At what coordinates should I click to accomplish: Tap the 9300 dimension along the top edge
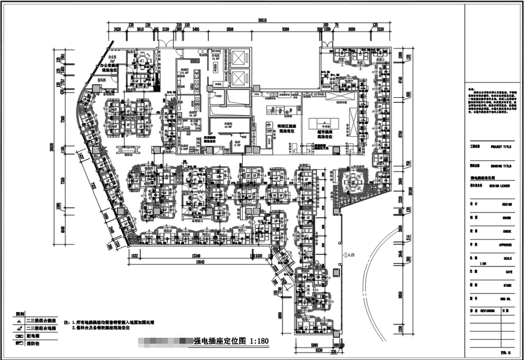point(285,28)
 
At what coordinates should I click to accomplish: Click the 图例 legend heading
point(20,314)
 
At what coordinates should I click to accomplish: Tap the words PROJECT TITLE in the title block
point(501,146)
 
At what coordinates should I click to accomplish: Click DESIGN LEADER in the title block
point(501,186)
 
